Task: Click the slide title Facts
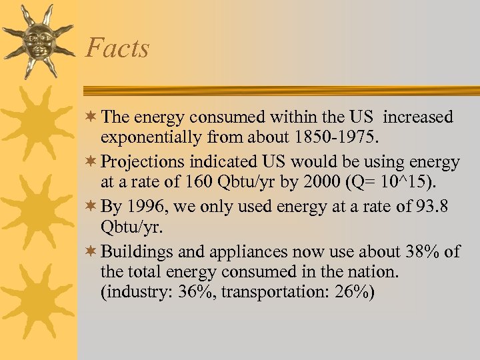point(117,48)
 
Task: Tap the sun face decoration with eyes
point(37,41)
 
